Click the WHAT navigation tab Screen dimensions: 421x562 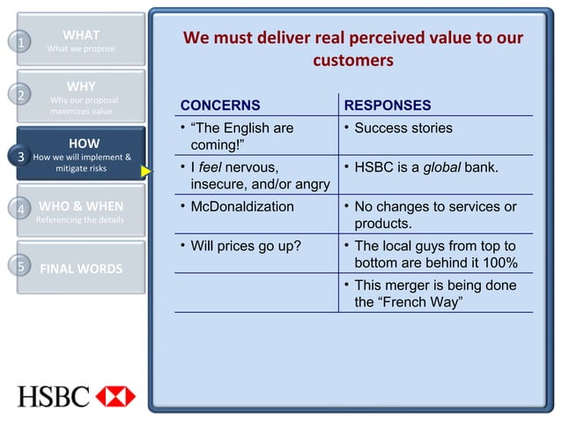coord(81,41)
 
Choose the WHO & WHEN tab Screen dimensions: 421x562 coord(81,212)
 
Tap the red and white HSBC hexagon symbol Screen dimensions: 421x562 coord(116,395)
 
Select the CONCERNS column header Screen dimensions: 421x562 coord(220,106)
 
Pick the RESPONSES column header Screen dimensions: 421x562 coord(387,106)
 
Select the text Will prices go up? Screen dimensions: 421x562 coord(246,246)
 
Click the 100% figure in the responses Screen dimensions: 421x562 coord(499,263)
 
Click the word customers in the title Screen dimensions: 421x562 coord(352,61)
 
